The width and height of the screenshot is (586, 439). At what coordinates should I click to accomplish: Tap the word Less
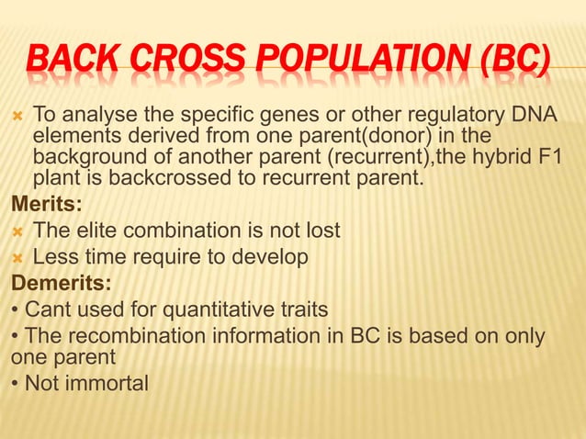[x=55, y=256]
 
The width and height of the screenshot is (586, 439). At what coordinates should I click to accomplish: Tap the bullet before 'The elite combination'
[x=17, y=230]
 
